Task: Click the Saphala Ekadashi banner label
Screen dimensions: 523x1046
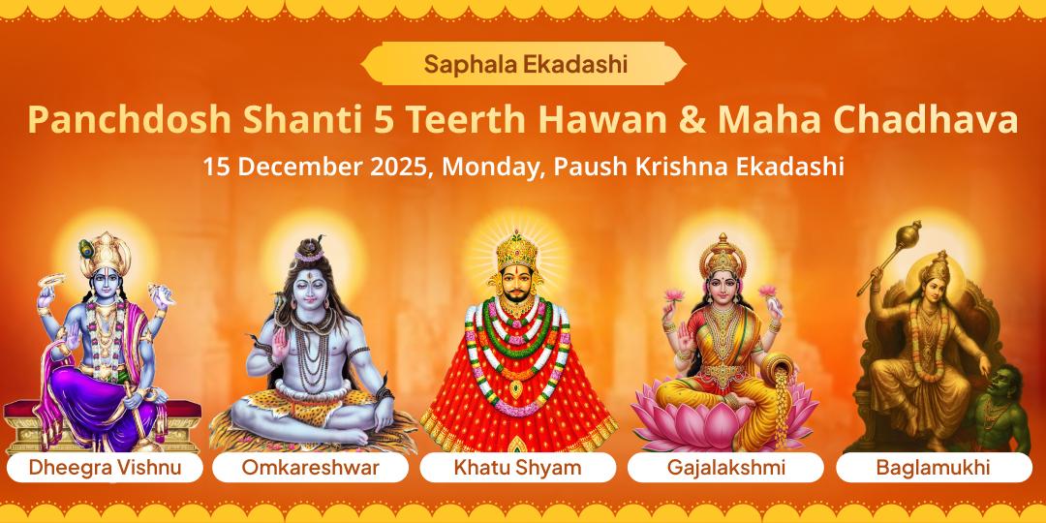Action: (x=523, y=65)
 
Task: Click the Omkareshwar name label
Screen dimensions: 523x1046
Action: (x=310, y=468)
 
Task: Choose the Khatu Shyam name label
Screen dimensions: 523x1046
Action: (x=518, y=468)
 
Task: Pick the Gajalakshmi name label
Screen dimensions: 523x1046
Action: (x=725, y=468)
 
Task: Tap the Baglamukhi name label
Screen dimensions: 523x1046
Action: (x=933, y=468)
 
